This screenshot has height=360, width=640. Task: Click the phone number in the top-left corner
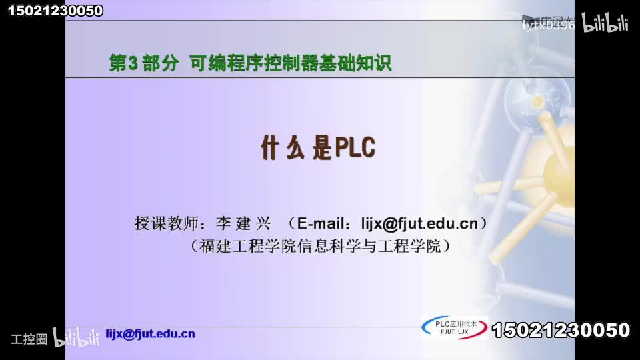(55, 10)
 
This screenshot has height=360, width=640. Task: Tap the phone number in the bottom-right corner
(561, 330)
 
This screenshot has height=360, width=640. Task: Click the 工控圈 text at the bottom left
(29, 339)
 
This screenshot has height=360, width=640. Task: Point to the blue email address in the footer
(151, 334)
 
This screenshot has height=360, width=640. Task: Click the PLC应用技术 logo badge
(455, 327)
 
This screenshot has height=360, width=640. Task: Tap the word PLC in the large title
(355, 148)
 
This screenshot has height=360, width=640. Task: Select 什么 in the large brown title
(283, 148)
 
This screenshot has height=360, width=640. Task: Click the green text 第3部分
(144, 63)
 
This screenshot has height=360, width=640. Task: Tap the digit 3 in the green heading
(131, 63)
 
